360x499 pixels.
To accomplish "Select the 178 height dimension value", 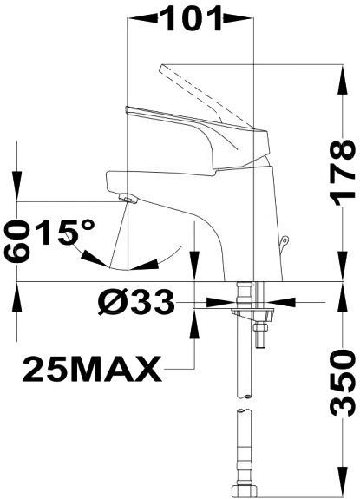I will (344, 170).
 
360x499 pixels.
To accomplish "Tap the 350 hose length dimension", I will (344, 380).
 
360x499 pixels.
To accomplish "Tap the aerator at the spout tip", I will (129, 201).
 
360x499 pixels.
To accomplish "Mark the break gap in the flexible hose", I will (245, 406).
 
